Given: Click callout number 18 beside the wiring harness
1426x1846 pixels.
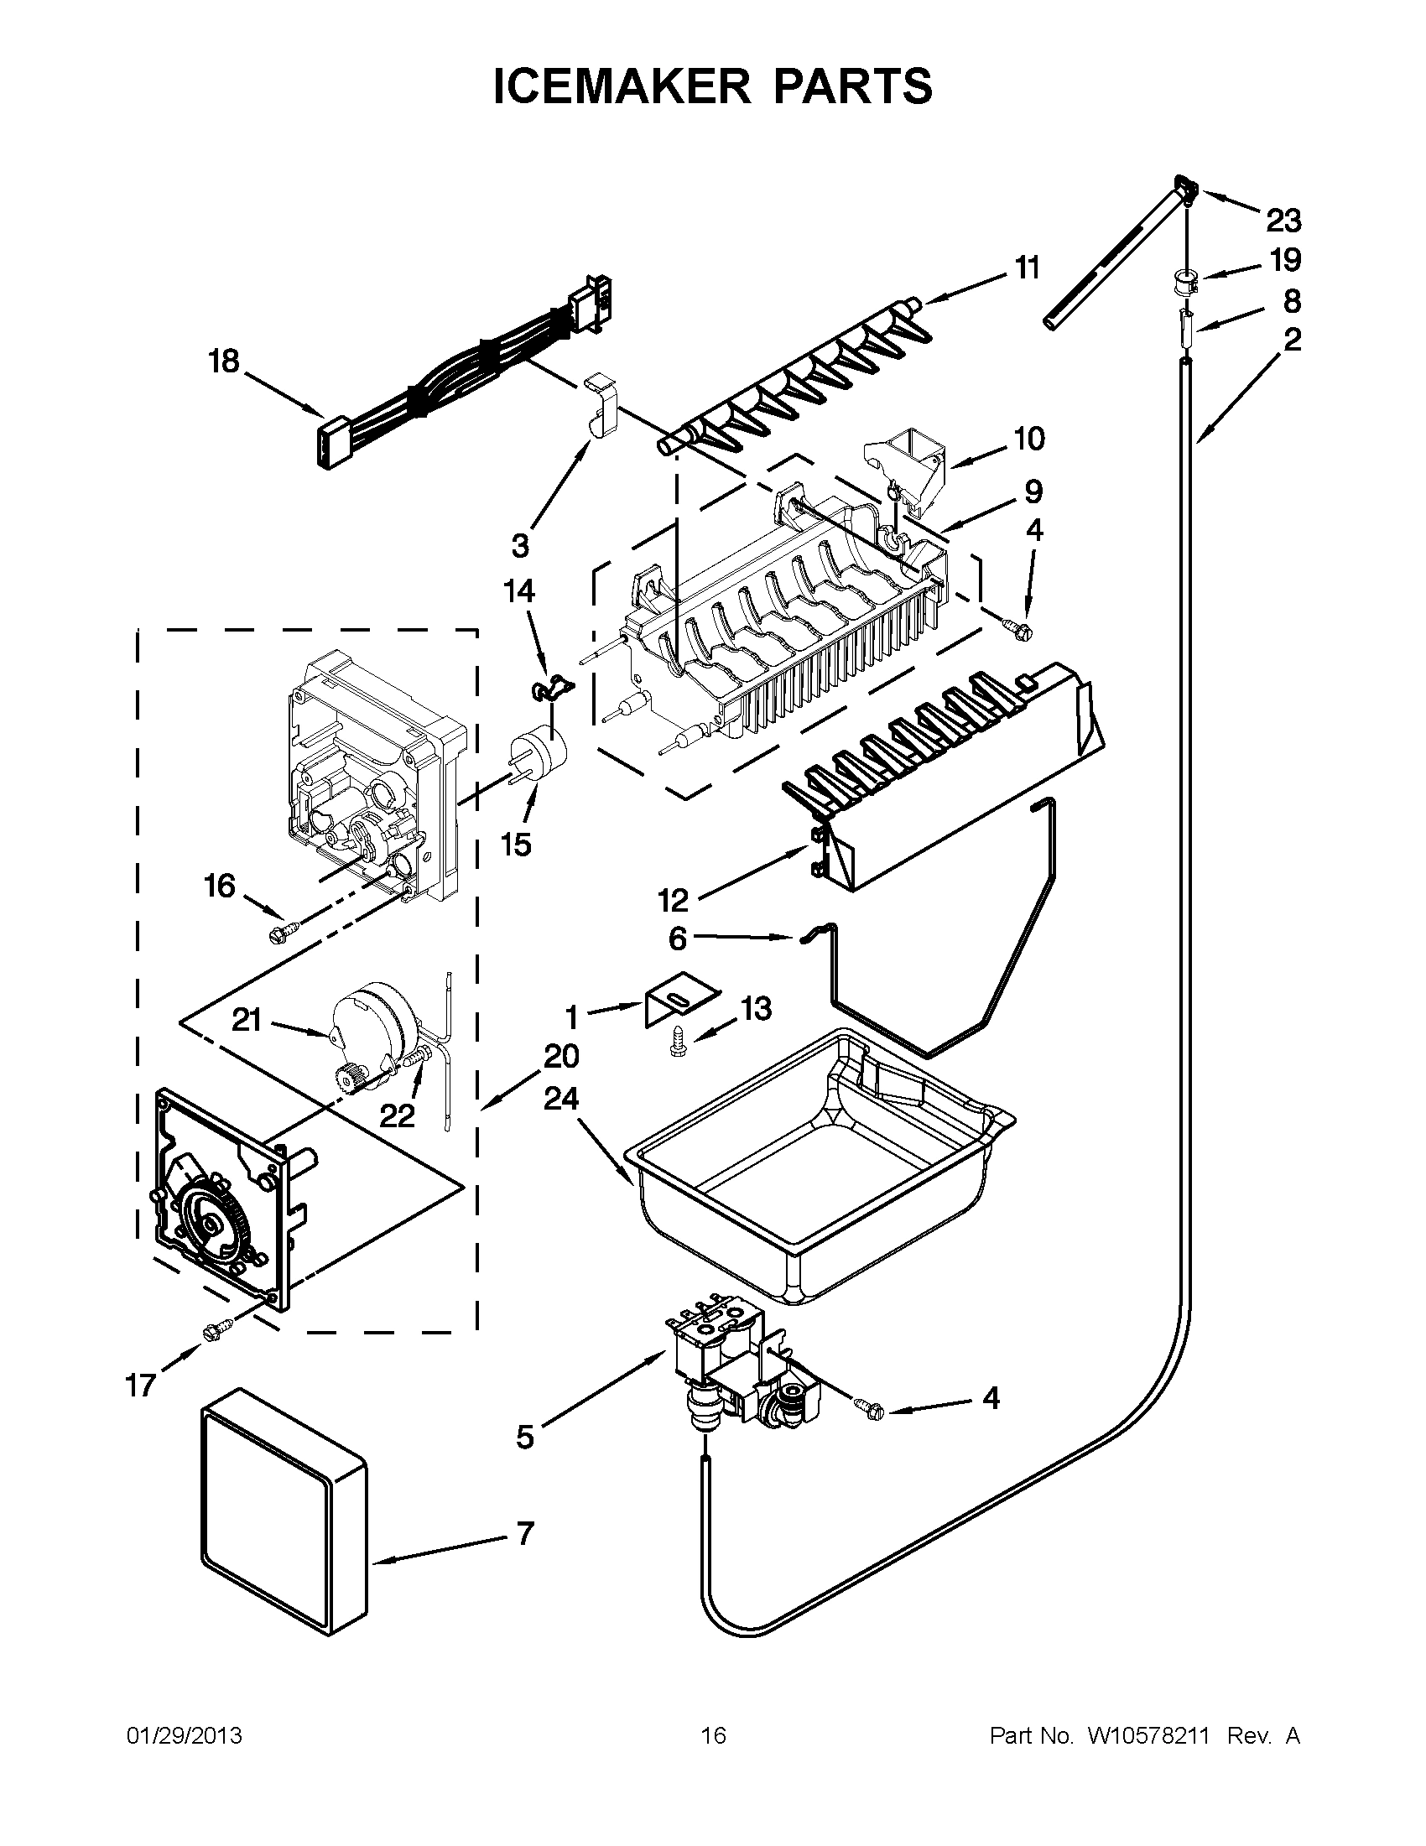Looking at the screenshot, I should [x=224, y=361].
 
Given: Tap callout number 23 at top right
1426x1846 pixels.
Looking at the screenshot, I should [x=1283, y=221].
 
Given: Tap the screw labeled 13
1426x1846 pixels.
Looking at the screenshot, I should [x=676, y=1046].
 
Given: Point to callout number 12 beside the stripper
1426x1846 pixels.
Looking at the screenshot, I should [x=674, y=901].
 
